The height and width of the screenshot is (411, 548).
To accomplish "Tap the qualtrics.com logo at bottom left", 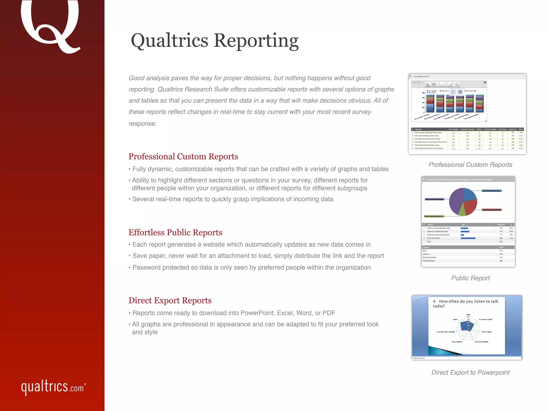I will pos(53,387).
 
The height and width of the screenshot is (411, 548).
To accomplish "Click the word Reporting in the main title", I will pos(256,41).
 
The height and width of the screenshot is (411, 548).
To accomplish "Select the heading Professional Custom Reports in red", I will pos(183,157).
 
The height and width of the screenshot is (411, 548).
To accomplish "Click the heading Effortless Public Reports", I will pos(175,233).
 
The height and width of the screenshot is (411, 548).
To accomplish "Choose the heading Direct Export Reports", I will pos(170,300).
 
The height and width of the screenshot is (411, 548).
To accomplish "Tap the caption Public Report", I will pos(470,278).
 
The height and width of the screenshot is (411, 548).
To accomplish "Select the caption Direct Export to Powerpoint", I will pos(470,372).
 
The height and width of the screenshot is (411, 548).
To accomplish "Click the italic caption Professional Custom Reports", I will pos(470,165).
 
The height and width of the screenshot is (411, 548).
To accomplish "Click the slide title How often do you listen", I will pos(466,303).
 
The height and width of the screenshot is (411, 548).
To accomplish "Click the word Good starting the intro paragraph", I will pos(136,78).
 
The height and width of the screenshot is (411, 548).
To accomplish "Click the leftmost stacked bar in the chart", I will pos(430,104).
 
